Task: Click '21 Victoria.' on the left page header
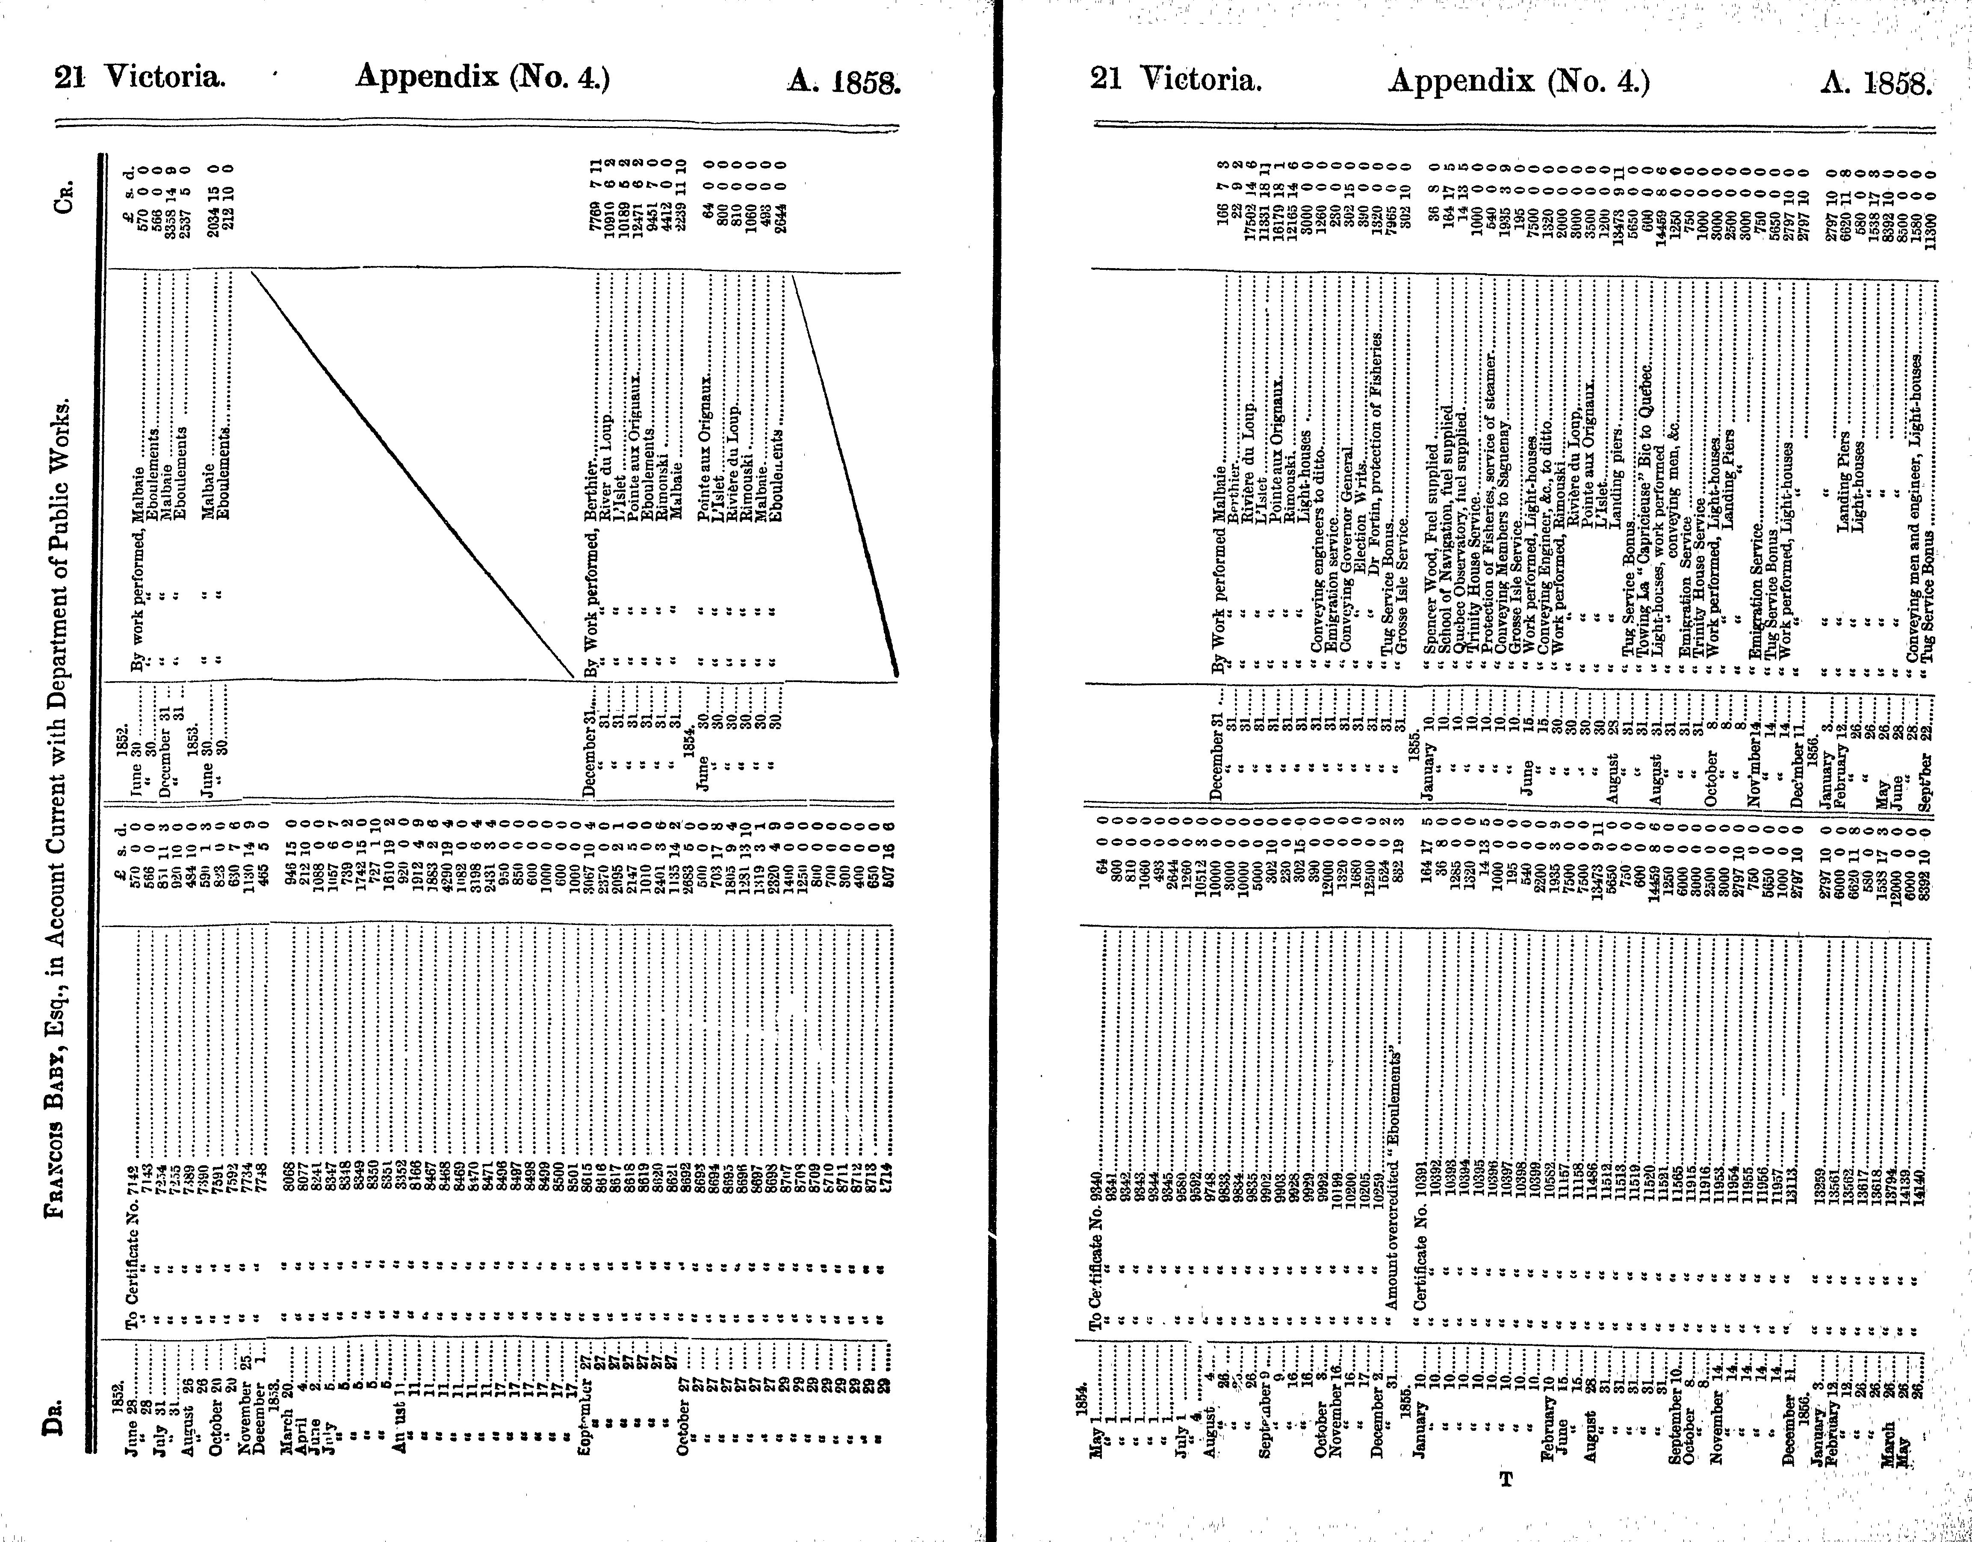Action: click(140, 79)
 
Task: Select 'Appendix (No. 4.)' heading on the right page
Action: click(1519, 81)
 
